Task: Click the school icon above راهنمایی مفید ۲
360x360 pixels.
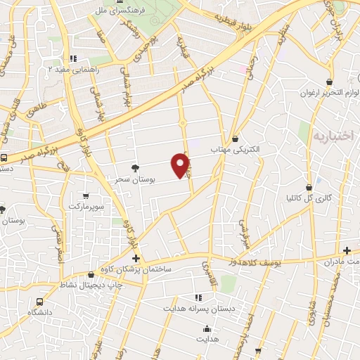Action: [73, 59]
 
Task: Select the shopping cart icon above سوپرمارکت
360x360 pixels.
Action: [85, 195]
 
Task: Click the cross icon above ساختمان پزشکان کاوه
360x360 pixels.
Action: [135, 259]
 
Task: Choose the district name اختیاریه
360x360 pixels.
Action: [332, 136]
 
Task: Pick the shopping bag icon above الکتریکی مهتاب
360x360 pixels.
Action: [234, 139]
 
